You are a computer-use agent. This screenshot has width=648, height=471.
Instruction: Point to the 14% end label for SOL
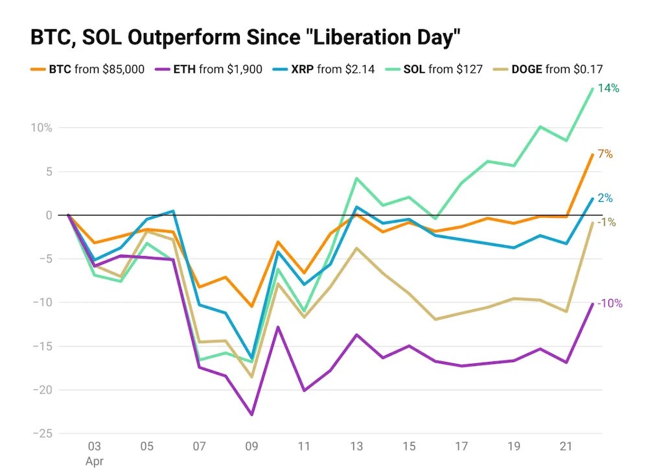[608, 88]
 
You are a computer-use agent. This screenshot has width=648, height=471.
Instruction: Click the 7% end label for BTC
[605, 154]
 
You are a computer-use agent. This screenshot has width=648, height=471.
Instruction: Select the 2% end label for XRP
[605, 199]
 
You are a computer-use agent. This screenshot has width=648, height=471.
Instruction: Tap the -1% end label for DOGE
[607, 222]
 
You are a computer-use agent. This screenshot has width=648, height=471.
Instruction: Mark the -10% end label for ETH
[610, 303]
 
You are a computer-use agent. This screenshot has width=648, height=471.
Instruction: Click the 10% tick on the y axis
[40, 128]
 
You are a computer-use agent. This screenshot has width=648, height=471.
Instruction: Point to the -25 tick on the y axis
[41, 434]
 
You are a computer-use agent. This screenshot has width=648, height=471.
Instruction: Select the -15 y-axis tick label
[41, 346]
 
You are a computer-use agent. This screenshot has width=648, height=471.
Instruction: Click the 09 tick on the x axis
[251, 446]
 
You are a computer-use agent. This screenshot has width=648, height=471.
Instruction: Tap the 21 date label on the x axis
[566, 446]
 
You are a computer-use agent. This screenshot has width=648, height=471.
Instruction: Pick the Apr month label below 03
[95, 461]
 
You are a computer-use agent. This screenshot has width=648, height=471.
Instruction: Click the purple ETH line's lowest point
[251, 415]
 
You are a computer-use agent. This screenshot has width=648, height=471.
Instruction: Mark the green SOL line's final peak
[592, 88]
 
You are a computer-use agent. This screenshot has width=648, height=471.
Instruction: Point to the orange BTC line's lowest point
[251, 306]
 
